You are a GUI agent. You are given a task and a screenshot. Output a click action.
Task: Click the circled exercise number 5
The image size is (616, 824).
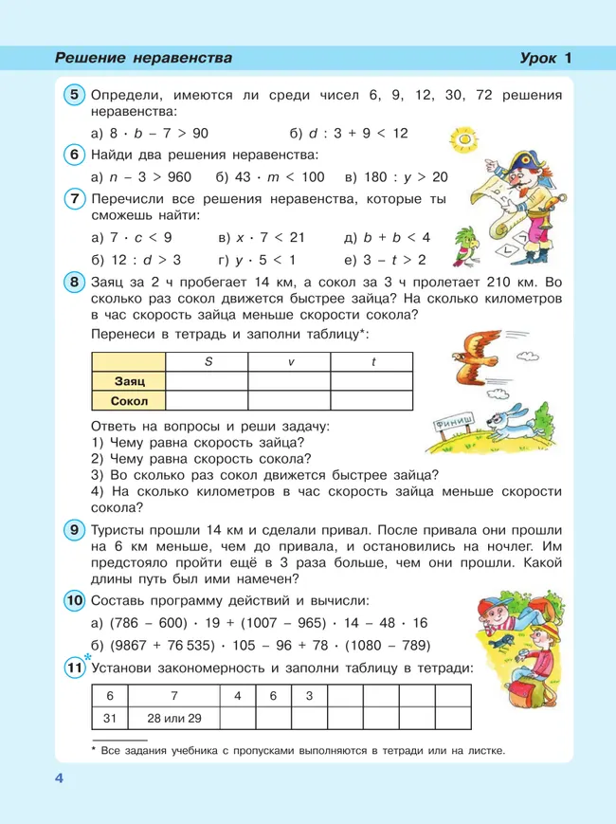click(75, 95)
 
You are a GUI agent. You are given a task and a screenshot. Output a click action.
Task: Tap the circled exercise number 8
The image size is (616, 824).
click(75, 282)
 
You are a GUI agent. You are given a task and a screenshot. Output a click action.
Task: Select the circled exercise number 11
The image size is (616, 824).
click(75, 668)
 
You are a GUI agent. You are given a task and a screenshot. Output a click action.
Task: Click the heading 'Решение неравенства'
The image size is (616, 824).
click(143, 59)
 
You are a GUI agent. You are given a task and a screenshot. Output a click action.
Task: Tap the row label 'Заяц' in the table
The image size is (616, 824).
click(129, 380)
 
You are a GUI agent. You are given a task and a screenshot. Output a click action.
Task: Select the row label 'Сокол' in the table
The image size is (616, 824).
click(129, 400)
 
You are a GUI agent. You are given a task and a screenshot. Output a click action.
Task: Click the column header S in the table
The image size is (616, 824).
click(207, 361)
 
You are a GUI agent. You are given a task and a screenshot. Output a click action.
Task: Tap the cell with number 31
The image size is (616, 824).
click(111, 718)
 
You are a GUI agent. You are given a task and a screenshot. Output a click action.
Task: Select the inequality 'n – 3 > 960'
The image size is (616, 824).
click(141, 177)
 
